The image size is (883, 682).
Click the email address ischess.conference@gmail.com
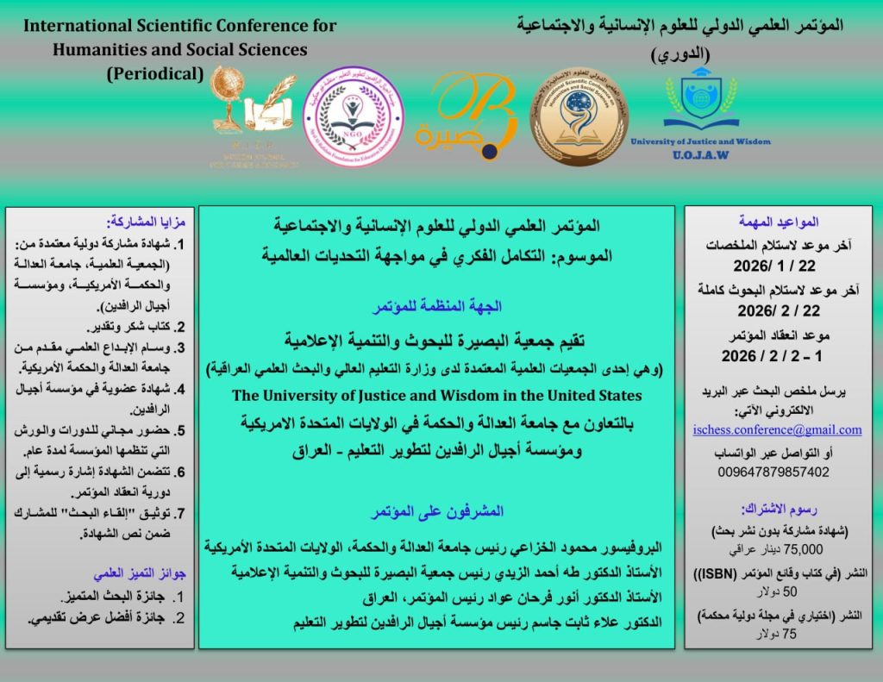coord(777,429)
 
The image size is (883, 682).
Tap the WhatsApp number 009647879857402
coord(773,472)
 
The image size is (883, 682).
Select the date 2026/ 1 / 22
coord(773,266)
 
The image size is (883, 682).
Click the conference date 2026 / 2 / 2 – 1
coord(773,354)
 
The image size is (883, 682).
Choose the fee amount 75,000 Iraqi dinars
coord(774,548)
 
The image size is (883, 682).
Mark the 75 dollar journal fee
coord(773,634)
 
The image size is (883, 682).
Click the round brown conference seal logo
coord(579,116)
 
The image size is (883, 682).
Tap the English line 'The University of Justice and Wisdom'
coord(437,396)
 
